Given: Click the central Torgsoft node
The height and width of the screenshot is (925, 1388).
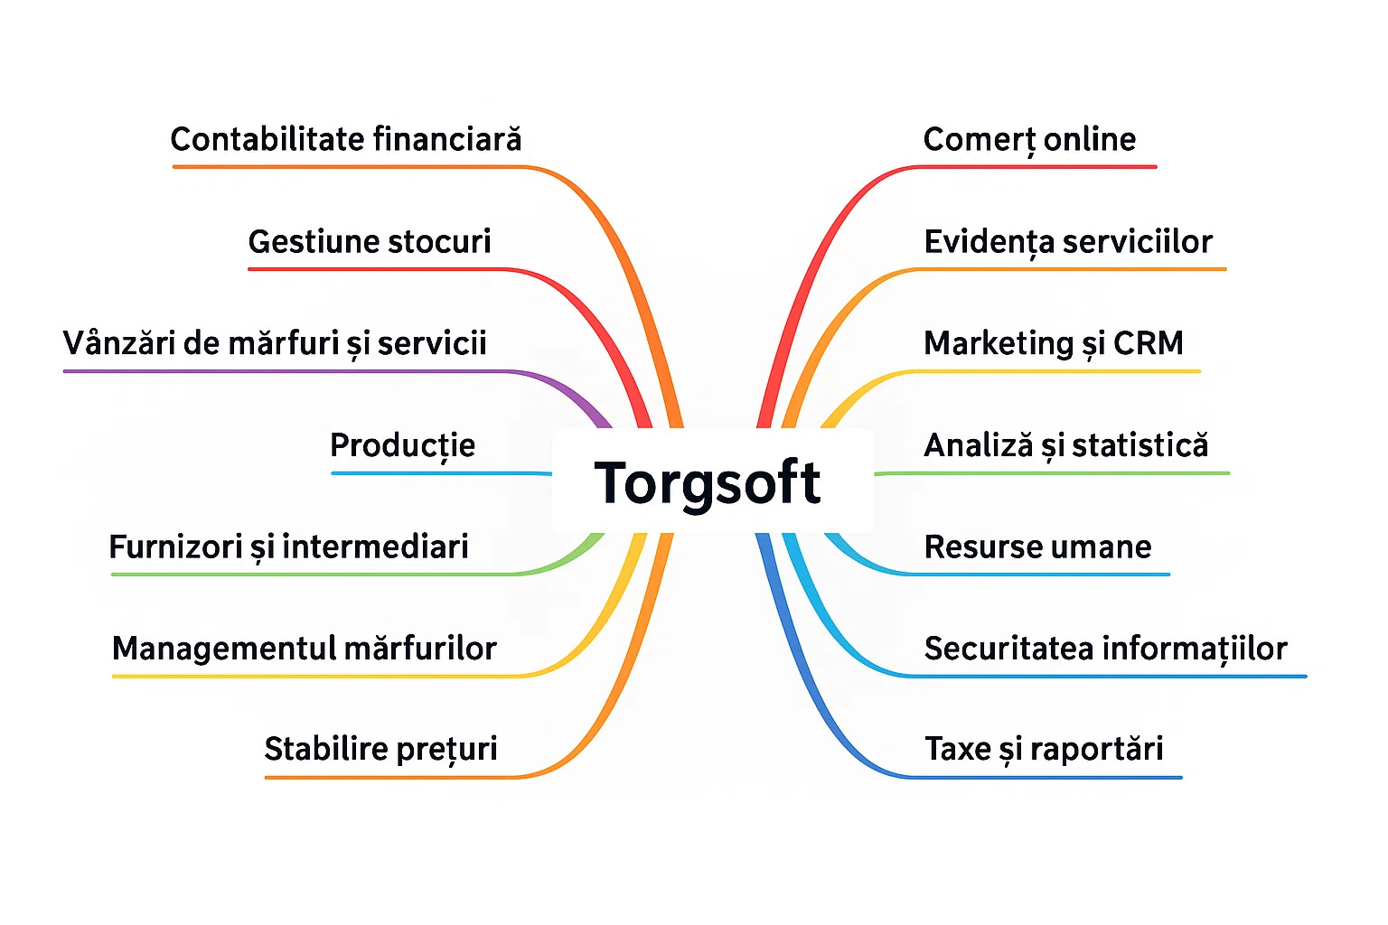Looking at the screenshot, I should [708, 481].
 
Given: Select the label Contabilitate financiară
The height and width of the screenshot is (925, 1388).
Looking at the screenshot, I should [346, 139].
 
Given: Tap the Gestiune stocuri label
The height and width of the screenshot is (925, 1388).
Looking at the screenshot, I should [370, 241].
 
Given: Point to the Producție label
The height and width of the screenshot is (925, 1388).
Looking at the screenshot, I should [402, 445].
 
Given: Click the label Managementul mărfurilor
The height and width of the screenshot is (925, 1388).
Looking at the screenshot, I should [305, 649].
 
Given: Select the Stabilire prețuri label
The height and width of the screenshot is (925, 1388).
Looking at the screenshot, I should [380, 750].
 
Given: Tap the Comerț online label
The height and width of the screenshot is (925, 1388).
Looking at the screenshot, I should [1029, 139].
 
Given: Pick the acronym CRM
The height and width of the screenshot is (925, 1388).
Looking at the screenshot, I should [1148, 343].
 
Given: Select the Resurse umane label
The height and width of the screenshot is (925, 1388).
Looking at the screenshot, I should [1037, 547].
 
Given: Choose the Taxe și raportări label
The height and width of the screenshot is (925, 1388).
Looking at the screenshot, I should [1044, 750].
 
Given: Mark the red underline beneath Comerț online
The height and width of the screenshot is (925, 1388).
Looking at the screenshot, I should [1039, 167].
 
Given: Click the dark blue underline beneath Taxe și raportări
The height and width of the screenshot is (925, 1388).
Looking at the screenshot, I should [1048, 777].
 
